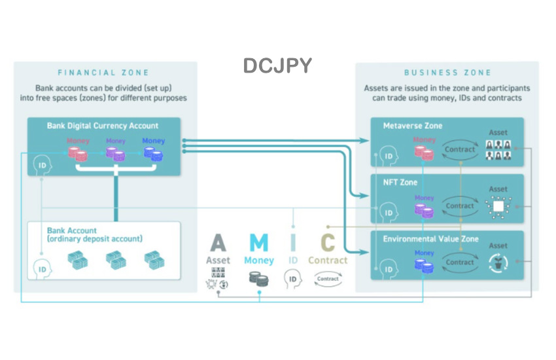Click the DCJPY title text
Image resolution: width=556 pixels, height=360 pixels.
(277, 65)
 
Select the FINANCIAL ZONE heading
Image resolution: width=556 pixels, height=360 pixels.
(103, 73)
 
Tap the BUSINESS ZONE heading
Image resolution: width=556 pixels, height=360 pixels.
(447, 73)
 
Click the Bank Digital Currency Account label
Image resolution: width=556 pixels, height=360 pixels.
(103, 126)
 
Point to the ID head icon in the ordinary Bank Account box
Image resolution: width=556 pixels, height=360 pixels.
(42, 268)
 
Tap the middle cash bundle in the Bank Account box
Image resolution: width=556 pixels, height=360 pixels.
(116, 260)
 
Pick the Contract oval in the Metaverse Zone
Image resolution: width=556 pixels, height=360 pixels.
(459, 149)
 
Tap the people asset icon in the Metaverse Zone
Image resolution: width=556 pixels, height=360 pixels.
(498, 150)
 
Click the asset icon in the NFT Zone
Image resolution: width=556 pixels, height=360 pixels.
(498, 207)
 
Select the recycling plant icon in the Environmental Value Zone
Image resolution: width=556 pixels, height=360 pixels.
(498, 262)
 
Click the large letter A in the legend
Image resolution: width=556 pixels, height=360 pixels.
(218, 243)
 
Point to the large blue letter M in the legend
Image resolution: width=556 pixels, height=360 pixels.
(259, 243)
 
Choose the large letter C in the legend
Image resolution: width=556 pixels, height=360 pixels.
(328, 243)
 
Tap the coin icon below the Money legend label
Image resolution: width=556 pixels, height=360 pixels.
(259, 278)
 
